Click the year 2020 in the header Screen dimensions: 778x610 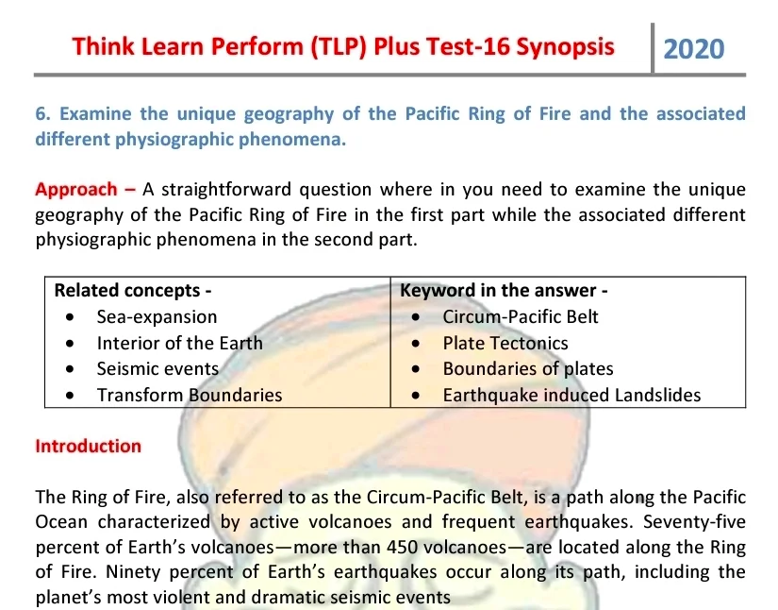coord(694,49)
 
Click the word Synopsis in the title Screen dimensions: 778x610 coord(565,47)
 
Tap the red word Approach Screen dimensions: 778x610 coord(76,190)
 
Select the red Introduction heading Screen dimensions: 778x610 coord(89,446)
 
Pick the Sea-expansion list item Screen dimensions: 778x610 coord(157,317)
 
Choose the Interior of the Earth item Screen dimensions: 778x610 coord(179,344)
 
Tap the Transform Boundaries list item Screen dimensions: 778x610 coord(190,396)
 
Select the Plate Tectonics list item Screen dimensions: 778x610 coord(505,344)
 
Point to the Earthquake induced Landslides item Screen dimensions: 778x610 coord(572,396)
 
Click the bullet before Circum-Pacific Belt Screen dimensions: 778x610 coord(416,317)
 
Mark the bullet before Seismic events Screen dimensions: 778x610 coord(70,369)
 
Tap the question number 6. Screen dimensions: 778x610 coord(42,114)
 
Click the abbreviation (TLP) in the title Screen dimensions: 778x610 coord(339,47)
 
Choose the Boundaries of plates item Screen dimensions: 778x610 coord(528,369)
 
